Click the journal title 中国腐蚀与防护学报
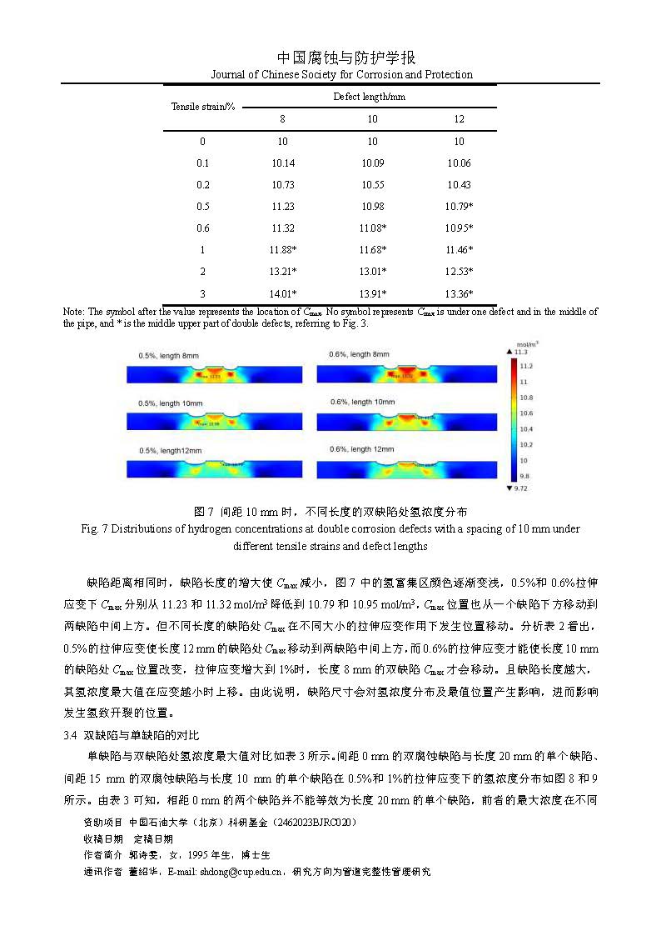pos(345,58)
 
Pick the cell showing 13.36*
pos(460,293)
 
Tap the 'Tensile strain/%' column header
pos(204,108)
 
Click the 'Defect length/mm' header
pos(369,97)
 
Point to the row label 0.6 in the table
pos(203,228)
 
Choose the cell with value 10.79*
pos(460,206)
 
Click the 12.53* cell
pos(460,272)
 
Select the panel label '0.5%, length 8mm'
pos(169,356)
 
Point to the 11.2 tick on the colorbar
pos(526,366)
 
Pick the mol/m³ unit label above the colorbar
pos(527,343)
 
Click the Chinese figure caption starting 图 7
pos(330,511)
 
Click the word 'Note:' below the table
pos(75,312)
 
